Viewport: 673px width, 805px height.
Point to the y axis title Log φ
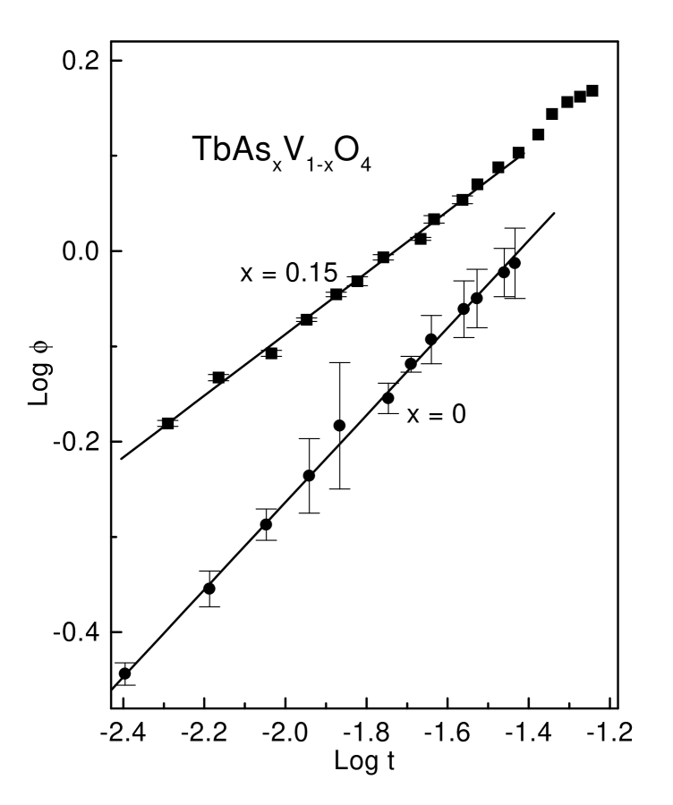[38, 378]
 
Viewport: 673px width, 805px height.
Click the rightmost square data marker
[592, 91]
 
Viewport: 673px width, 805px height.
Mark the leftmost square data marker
[167, 423]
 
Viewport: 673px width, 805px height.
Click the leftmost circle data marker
[124, 674]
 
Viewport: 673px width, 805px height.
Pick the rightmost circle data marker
[514, 263]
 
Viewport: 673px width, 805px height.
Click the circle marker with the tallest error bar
[339, 426]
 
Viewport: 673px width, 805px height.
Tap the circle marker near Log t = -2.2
[209, 589]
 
